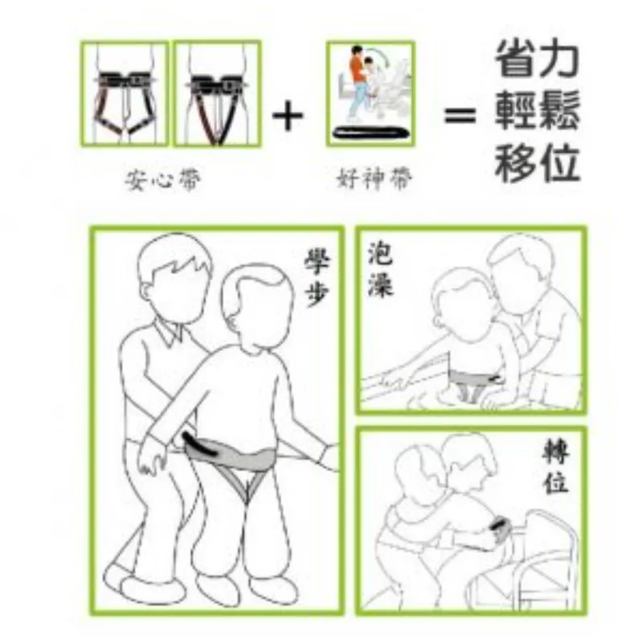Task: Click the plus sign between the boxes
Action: point(288,115)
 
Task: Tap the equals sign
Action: point(460,116)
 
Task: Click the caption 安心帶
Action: point(164,180)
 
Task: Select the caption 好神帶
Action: point(375,179)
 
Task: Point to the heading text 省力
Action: point(537,58)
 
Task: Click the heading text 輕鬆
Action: point(537,111)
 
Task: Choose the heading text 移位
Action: point(537,163)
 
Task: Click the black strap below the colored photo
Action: point(371,133)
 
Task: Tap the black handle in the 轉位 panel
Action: point(501,525)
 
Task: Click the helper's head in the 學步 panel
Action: point(174,278)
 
